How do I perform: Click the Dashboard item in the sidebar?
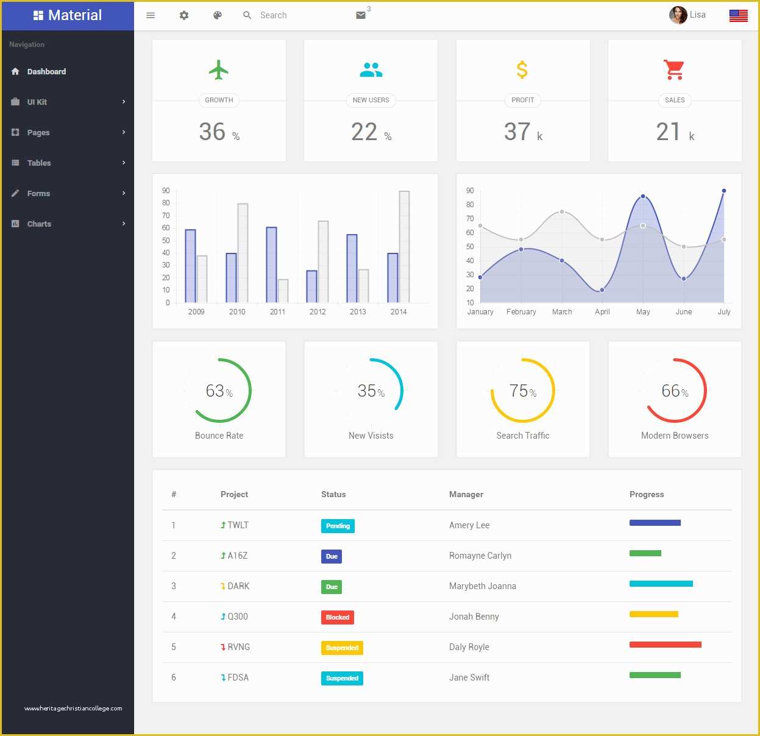[x=46, y=71]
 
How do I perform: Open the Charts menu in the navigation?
[x=39, y=224]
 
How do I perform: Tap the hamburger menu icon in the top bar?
[x=151, y=15]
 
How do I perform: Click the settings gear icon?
[x=184, y=15]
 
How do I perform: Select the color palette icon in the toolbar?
[x=218, y=15]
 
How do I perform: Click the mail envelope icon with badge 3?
[x=361, y=15]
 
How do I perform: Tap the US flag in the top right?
[x=738, y=16]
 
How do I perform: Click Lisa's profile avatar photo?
[x=678, y=15]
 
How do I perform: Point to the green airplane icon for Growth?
[x=219, y=70]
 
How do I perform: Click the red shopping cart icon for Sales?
[x=674, y=70]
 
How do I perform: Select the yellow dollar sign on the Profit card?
[x=522, y=70]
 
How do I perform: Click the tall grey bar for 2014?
[x=404, y=247]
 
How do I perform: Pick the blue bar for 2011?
[x=271, y=265]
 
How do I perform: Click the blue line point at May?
[x=643, y=196]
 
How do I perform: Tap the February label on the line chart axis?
[x=521, y=312]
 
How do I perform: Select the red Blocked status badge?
[x=337, y=617]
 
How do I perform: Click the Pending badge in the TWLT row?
[x=338, y=526]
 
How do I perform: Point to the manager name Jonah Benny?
[x=474, y=617]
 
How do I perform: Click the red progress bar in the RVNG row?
[x=665, y=645]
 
